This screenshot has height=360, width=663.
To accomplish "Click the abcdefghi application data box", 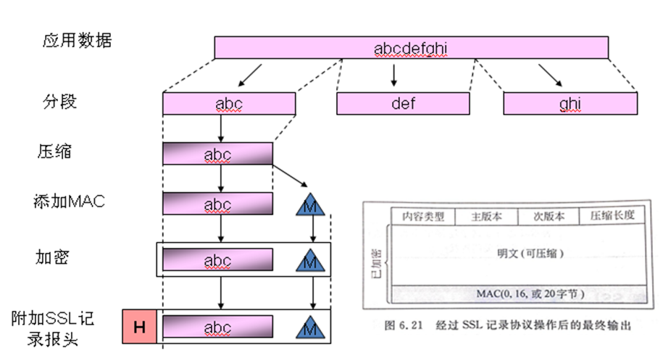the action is pyautogui.click(x=411, y=47).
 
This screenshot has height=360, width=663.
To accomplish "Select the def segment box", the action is pyautogui.click(x=403, y=104).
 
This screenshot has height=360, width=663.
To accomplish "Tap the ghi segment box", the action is pyautogui.click(x=570, y=104).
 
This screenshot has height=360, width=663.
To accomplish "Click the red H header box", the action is pyautogui.click(x=140, y=327).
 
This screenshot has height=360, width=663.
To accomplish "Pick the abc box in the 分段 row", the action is pyautogui.click(x=229, y=104).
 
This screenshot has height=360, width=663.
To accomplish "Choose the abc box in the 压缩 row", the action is pyautogui.click(x=217, y=154).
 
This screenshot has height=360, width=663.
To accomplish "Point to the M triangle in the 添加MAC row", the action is pyautogui.click(x=310, y=204).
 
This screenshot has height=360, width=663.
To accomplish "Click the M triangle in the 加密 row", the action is pyautogui.click(x=310, y=260).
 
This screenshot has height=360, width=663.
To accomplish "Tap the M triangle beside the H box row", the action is pyautogui.click(x=310, y=327).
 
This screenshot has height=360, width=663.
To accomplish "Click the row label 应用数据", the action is pyautogui.click(x=77, y=41).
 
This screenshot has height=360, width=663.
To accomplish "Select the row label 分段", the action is pyautogui.click(x=59, y=102).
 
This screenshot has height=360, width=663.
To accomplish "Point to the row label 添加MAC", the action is pyautogui.click(x=69, y=201).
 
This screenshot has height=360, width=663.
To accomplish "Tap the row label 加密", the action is pyautogui.click(x=52, y=257).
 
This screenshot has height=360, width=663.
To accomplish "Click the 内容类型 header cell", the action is pyautogui.click(x=423, y=217).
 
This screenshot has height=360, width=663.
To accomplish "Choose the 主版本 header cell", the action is pyautogui.click(x=486, y=217).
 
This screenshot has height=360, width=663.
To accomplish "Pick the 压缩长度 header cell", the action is pyautogui.click(x=612, y=216).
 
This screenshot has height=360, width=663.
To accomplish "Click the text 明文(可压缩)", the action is pyautogui.click(x=530, y=254).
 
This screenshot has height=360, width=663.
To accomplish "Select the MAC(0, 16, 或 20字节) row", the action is pyautogui.click(x=520, y=294).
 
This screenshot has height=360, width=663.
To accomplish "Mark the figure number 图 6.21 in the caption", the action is pyautogui.click(x=404, y=325).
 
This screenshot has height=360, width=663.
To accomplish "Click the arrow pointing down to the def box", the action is pyautogui.click(x=393, y=75).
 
